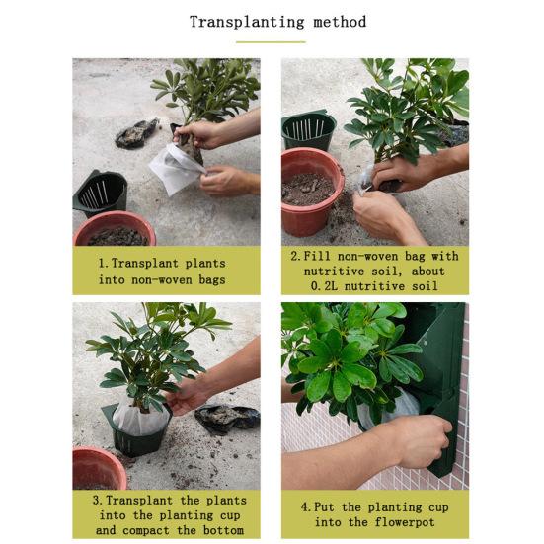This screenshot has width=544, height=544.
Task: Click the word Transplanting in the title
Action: (x=247, y=22)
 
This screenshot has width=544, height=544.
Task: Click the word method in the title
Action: (x=340, y=22)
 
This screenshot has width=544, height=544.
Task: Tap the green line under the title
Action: (x=271, y=42)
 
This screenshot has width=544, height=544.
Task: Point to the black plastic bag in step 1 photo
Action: (x=136, y=133)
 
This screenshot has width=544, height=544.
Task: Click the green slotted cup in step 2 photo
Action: (x=308, y=129)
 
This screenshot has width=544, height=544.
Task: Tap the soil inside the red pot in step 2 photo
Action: (x=307, y=190)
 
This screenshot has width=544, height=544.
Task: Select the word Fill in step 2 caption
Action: (x=317, y=256)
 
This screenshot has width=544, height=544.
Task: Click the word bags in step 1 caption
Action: (x=212, y=279)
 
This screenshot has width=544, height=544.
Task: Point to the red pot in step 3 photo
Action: (x=99, y=468)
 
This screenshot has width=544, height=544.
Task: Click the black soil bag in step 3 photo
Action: (x=227, y=419)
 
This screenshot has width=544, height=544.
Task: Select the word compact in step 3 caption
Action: (x=146, y=531)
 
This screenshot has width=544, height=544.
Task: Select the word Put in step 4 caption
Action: (x=324, y=507)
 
